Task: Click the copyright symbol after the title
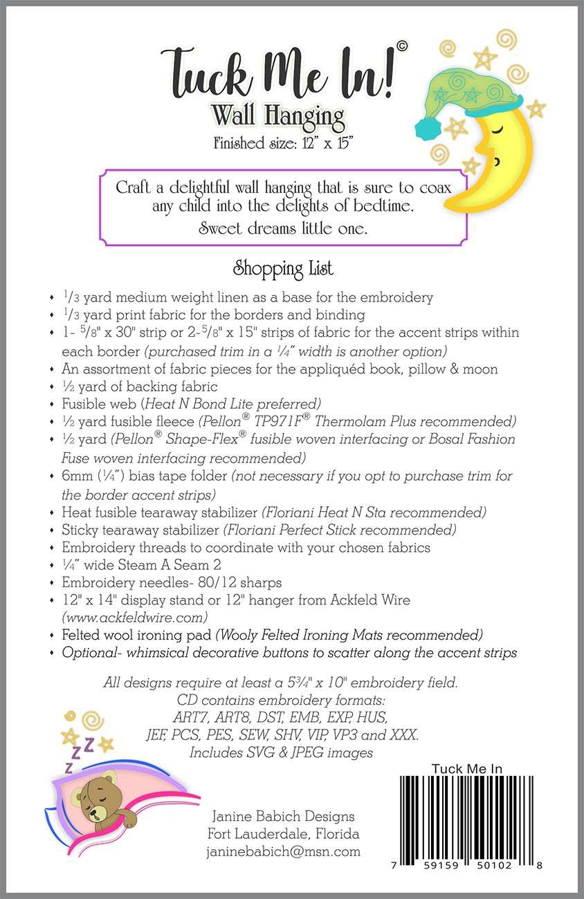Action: click(x=402, y=46)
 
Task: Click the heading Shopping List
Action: click(x=283, y=268)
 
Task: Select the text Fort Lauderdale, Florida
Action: click(x=283, y=833)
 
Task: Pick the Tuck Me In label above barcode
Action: click(x=466, y=768)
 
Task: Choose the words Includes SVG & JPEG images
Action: click(x=282, y=752)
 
